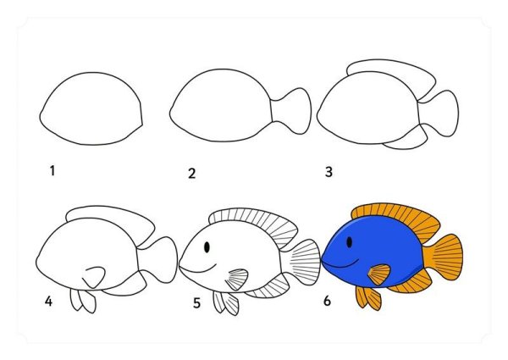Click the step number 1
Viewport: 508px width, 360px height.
(52, 170)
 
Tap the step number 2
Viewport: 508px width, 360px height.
(192, 174)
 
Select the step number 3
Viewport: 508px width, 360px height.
(329, 172)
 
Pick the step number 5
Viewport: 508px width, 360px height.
(196, 302)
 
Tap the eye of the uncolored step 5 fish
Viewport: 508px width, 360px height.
(207, 246)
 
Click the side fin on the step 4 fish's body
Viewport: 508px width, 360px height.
(93, 277)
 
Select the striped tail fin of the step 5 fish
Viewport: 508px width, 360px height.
(302, 259)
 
